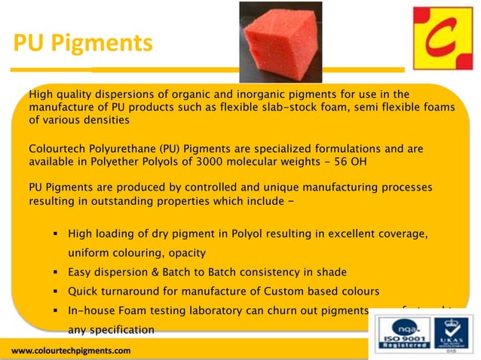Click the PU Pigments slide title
point(83,44)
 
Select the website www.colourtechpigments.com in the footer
point(71,351)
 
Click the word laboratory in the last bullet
point(222,310)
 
